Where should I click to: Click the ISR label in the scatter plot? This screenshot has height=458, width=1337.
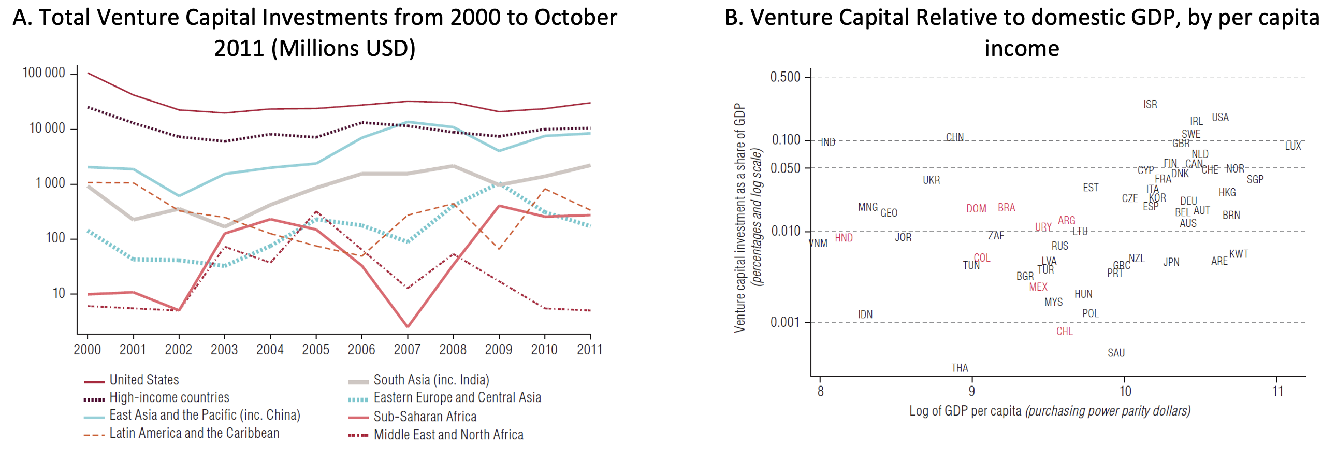[x=1150, y=104]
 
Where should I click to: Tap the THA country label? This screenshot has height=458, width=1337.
[x=959, y=368]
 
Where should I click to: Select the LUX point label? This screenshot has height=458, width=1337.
[x=1292, y=146]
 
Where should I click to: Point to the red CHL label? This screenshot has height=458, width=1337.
[x=1064, y=331]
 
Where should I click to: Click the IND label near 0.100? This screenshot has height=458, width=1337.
[x=828, y=142]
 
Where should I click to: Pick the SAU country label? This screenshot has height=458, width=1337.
[x=1115, y=353]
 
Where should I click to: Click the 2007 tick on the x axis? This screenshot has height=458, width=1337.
[x=407, y=350]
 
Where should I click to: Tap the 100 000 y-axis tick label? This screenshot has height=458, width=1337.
[x=43, y=73]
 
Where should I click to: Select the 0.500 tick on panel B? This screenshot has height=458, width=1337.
[x=785, y=77]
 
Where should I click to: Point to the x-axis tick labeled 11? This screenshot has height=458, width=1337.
[x=1277, y=391]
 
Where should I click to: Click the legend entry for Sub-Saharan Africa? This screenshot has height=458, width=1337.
[x=425, y=417]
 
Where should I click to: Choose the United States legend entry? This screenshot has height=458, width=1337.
[x=144, y=380]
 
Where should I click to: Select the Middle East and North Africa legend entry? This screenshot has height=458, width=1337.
[x=448, y=435]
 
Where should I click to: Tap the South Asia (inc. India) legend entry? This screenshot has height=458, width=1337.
[x=431, y=380]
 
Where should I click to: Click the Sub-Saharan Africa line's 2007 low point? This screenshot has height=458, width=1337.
[x=408, y=326]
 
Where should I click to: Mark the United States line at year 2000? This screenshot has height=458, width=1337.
[x=88, y=73]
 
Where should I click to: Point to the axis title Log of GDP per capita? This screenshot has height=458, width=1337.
[x=965, y=411]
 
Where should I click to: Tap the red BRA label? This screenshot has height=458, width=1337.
[x=1006, y=208]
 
